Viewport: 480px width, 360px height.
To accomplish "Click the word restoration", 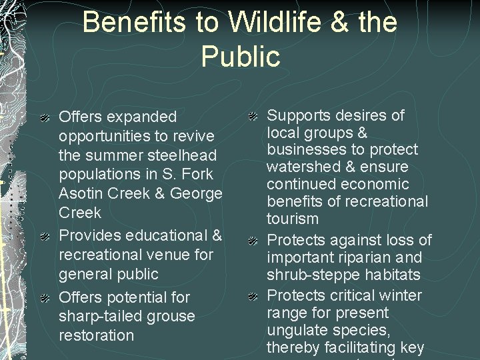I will [96, 335].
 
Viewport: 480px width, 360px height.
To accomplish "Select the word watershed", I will [304, 167].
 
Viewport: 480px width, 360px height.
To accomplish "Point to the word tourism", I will [293, 219].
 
